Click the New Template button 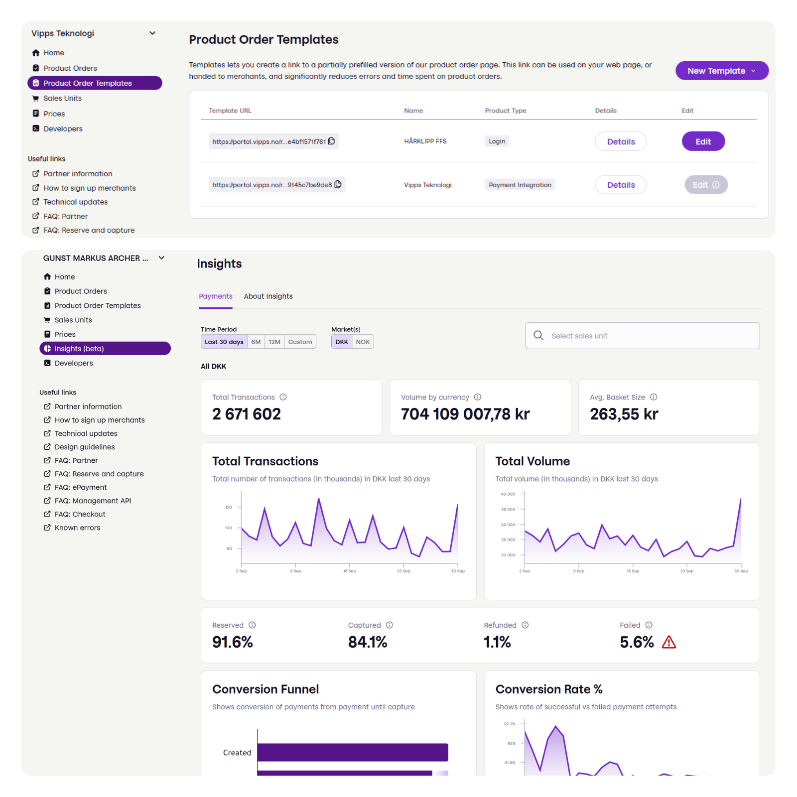[721, 71]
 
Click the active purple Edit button [703, 141]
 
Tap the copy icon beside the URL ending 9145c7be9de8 [338, 184]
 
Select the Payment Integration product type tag [520, 185]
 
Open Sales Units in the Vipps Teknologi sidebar [62, 98]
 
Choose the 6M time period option [256, 342]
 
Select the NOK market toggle [363, 342]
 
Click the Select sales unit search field [642, 336]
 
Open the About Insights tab [268, 296]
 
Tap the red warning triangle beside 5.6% [669, 642]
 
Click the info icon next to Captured [390, 625]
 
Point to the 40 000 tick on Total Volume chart [508, 494]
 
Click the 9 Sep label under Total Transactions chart [295, 571]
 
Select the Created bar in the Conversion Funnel [352, 752]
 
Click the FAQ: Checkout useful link [80, 514]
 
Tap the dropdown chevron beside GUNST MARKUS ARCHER [161, 258]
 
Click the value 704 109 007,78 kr [465, 414]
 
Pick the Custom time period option [300, 342]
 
